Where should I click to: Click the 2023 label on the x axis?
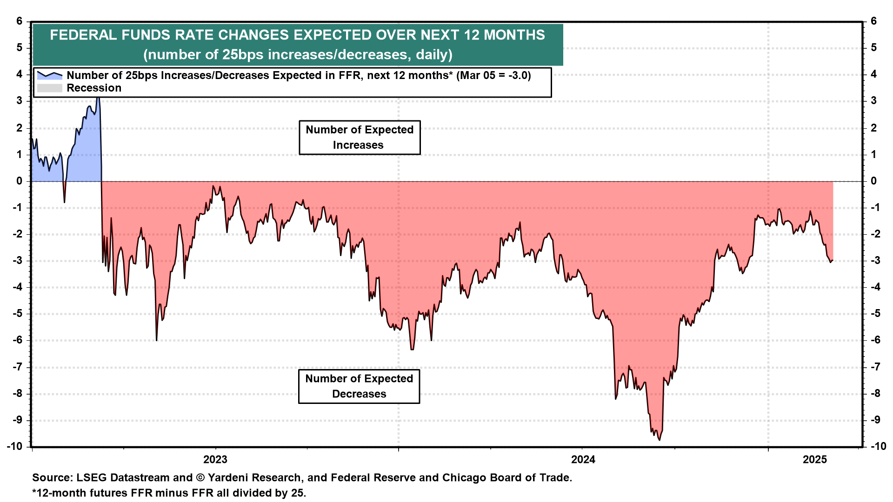(215, 460)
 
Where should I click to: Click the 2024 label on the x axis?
(583, 460)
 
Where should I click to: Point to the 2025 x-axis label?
(815, 460)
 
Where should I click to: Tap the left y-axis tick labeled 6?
(20, 21)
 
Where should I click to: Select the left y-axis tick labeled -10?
(15, 446)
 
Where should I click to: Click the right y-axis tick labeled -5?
(875, 313)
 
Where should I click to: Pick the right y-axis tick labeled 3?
(873, 101)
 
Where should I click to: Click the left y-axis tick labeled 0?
(20, 181)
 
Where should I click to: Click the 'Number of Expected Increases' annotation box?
(360, 137)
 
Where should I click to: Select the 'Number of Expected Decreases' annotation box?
(359, 386)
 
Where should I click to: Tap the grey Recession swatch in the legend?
(49, 88)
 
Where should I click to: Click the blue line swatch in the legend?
(49, 75)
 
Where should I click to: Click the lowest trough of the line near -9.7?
(660, 440)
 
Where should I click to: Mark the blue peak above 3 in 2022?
(97, 98)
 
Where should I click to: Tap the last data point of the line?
(832, 260)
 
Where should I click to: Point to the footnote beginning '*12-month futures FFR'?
(169, 493)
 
